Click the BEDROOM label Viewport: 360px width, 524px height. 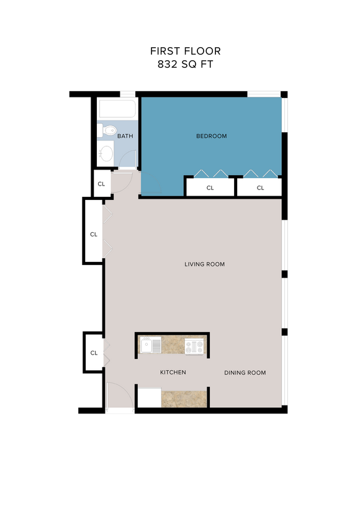click(x=212, y=136)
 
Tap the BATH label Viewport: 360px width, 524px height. click(x=125, y=136)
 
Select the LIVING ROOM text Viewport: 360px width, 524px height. click(x=204, y=264)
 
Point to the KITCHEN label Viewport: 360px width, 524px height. click(x=173, y=373)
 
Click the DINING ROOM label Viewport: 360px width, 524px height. click(x=245, y=373)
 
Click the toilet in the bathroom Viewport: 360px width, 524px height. click(x=107, y=130)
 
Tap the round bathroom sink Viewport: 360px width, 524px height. click(x=107, y=153)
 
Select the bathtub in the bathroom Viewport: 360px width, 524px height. click(x=117, y=110)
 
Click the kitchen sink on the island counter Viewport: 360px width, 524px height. click(x=150, y=345)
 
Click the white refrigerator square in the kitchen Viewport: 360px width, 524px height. click(x=149, y=397)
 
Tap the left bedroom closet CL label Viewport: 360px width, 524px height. click(x=210, y=187)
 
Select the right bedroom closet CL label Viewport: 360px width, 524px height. click(x=260, y=187)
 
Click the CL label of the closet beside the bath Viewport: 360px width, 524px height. click(x=101, y=184)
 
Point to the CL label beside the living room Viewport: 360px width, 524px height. click(x=94, y=235)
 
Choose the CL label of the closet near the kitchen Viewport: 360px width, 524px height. click(x=94, y=353)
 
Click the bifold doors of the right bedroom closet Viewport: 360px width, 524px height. click(x=259, y=173)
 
